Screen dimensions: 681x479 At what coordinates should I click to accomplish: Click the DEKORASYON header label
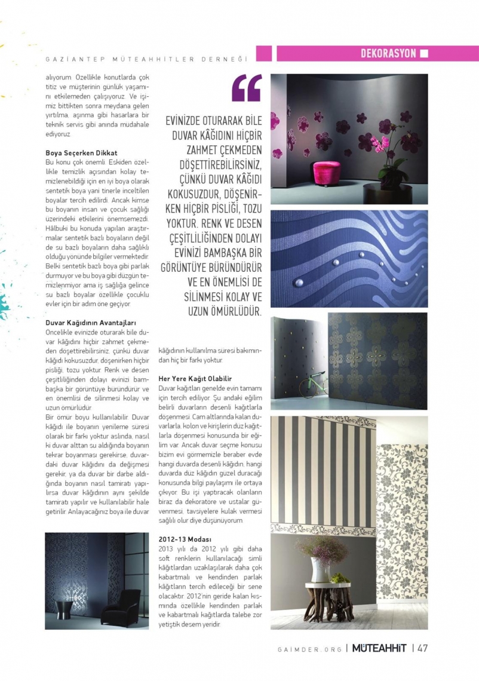[388, 54]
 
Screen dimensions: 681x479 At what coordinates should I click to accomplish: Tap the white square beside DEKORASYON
[424, 54]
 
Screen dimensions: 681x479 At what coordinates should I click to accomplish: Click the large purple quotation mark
[247, 88]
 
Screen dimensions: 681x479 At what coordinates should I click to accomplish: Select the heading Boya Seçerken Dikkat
[81, 154]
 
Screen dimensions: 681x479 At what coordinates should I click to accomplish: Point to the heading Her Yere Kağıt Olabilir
[195, 379]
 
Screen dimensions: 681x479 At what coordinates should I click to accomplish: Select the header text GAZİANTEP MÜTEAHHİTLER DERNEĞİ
[146, 59]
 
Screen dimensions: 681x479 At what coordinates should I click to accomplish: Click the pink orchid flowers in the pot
[380, 144]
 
